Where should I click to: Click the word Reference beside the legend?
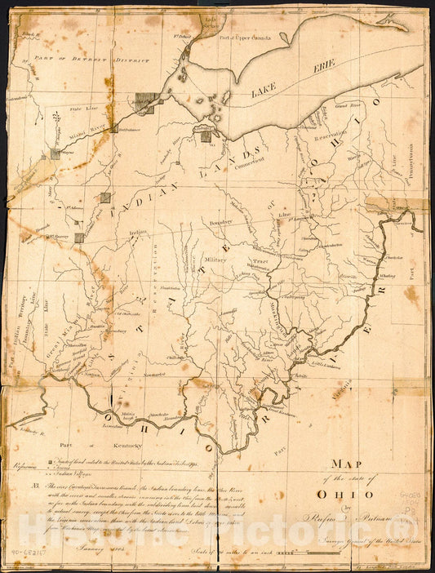coord(27,467)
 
